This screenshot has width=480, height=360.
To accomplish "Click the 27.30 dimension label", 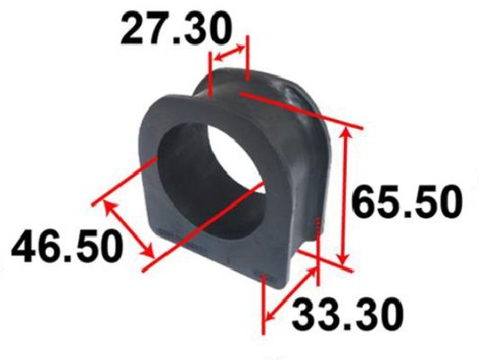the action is click(175, 28).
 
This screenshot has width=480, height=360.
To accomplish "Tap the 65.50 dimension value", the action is click(406, 201).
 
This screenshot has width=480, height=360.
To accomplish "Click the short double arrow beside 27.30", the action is click(230, 52).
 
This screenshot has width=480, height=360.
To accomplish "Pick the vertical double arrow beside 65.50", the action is click(345, 196).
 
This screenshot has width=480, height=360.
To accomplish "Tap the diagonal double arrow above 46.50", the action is click(128, 229).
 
